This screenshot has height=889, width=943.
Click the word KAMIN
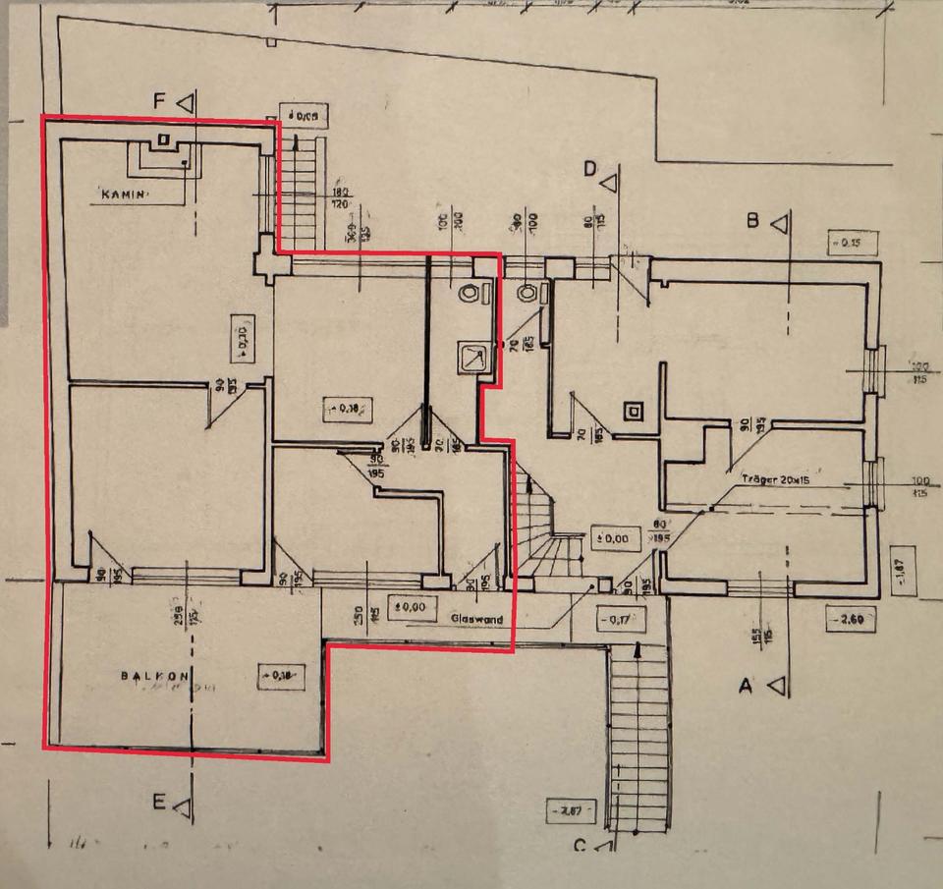pyautogui.click(x=125, y=194)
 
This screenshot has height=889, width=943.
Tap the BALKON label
pyautogui.click(x=153, y=676)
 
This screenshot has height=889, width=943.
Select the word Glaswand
pyautogui.click(x=477, y=620)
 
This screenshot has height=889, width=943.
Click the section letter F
pyautogui.click(x=161, y=100)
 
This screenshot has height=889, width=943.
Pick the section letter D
pyautogui.click(x=590, y=170)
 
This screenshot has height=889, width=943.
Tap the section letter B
pyautogui.click(x=753, y=221)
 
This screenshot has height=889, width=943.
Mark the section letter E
pyautogui.click(x=159, y=803)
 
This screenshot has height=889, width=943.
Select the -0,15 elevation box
pyautogui.click(x=853, y=242)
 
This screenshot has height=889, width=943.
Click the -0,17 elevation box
pyautogui.click(x=617, y=620)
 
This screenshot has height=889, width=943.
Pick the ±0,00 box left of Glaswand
pyautogui.click(x=409, y=607)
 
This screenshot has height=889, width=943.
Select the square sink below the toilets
pyautogui.click(x=473, y=358)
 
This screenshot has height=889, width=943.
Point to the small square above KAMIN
pyautogui.click(x=163, y=139)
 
